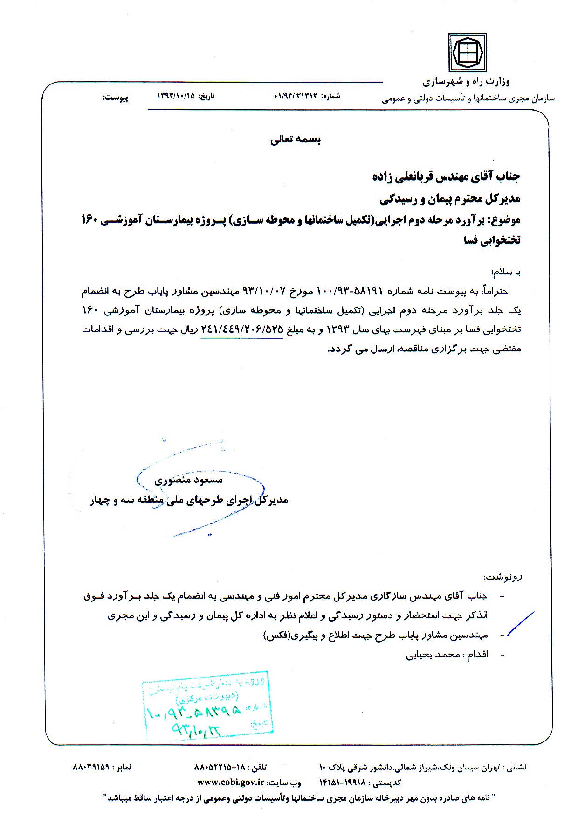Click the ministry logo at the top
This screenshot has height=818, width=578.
pos(467,52)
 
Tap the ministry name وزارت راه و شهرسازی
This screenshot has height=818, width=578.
pos(466,82)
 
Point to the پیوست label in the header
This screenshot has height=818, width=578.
pos(116,98)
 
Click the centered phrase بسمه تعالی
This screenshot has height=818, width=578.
pos(296,139)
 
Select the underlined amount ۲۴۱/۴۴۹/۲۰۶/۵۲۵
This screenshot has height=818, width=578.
pos(242,329)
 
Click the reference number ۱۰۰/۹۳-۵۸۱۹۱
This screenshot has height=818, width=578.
pos(350,291)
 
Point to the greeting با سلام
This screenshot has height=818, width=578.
pos(506,272)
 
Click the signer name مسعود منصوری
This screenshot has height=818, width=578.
pos(189,480)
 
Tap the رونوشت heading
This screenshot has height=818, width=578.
pos(503,577)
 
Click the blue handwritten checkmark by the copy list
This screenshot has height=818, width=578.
pos(521,623)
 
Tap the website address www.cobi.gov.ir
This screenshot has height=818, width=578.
pos(231,783)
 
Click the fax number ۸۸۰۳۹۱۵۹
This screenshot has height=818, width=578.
pos(91,767)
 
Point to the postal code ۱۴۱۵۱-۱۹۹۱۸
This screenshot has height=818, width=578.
pos(342,783)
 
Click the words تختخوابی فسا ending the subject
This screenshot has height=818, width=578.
pos(492,240)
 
